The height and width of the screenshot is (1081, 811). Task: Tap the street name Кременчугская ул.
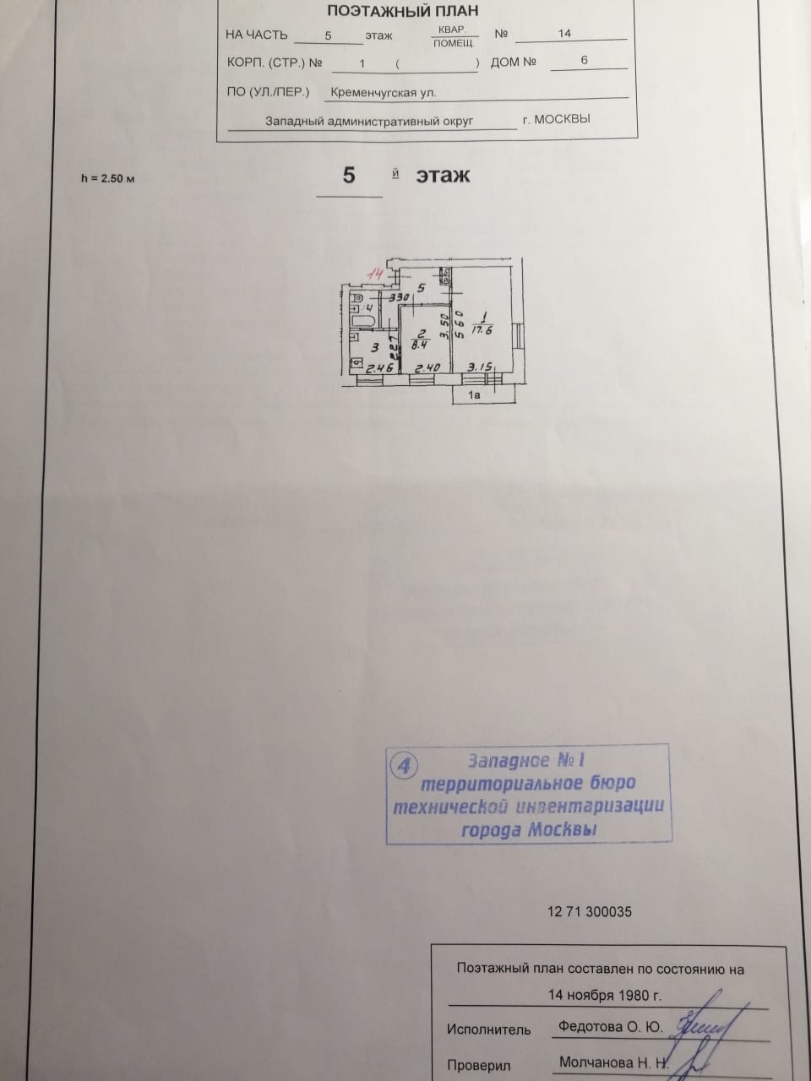[384, 93]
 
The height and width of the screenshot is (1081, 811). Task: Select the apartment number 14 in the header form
[564, 33]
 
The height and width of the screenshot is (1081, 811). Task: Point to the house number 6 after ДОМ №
[584, 61]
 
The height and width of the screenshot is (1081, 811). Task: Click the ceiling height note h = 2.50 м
[107, 178]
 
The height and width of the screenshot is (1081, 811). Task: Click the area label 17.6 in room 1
[482, 330]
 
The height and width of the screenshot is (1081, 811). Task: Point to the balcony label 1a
[474, 394]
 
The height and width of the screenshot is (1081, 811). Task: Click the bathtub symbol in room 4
[364, 322]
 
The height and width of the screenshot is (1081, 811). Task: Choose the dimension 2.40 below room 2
[427, 368]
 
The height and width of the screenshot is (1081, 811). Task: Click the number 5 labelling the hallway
[421, 288]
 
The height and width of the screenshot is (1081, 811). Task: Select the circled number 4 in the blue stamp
[405, 765]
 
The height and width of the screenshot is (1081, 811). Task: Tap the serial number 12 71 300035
[590, 912]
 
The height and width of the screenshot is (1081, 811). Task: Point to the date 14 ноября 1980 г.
[605, 994]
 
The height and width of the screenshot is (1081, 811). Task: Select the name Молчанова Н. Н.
[613, 1062]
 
